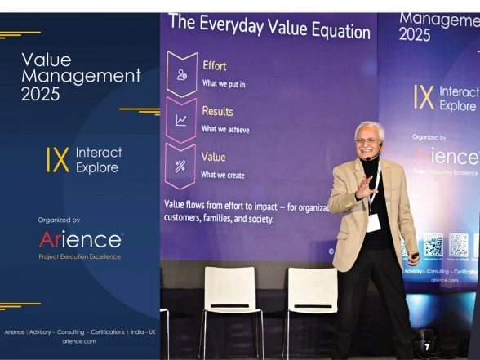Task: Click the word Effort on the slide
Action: [x=214, y=65]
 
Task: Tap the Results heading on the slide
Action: [x=217, y=111]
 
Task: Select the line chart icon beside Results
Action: [x=180, y=120]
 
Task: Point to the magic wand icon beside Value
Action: [x=180, y=165]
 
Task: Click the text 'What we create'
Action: [x=223, y=175]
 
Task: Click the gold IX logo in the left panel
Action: [x=57, y=159]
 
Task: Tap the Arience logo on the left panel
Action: [x=80, y=240]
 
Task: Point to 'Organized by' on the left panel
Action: [x=59, y=220]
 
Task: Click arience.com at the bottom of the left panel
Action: [x=79, y=340]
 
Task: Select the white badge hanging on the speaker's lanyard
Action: [x=373, y=222]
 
